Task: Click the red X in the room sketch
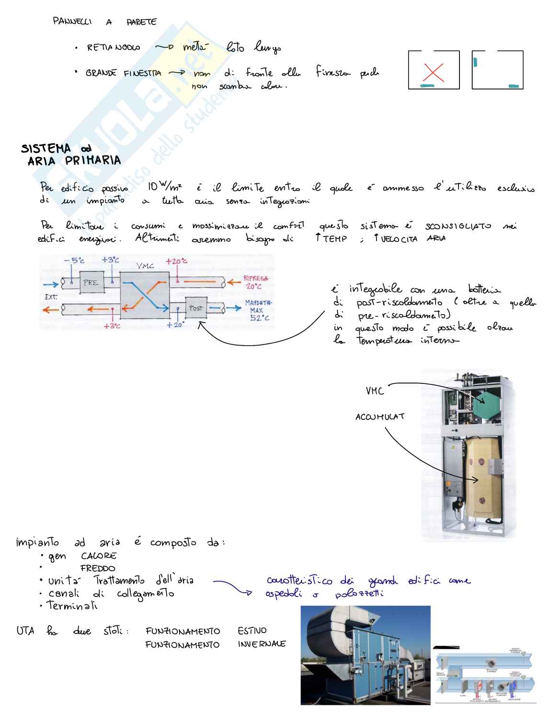click(434, 73)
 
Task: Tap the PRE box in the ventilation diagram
click(92, 283)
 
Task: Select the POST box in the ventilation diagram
click(196, 308)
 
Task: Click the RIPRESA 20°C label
click(256, 282)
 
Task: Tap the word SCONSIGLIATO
click(458, 226)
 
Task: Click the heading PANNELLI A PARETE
click(104, 22)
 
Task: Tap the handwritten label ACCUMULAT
click(380, 417)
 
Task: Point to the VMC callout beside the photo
click(375, 391)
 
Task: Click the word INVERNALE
click(262, 644)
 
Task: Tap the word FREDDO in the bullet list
click(98, 569)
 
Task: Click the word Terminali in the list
click(72, 606)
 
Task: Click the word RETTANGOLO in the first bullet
click(114, 48)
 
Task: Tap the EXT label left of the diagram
click(51, 297)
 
